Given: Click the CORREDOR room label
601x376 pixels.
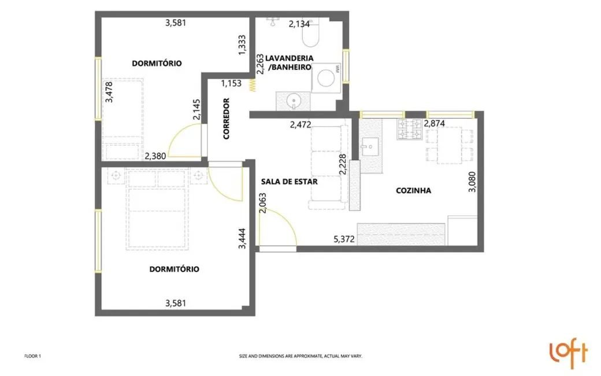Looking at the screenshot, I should (227, 119).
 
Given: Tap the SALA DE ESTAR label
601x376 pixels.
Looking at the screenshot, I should (290, 181).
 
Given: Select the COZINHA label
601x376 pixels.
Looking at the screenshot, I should (413, 190).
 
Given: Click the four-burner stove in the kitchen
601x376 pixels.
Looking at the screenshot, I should (409, 130).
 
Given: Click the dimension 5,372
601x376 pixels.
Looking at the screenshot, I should (344, 238).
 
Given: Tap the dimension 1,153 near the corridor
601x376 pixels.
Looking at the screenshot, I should (231, 83).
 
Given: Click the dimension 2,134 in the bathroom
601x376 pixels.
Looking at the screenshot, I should (299, 24).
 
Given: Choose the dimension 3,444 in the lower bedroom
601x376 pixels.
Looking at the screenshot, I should (242, 238).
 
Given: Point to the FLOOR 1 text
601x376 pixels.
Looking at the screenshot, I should (32, 356).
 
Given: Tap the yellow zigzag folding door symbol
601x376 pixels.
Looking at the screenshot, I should (253, 85).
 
